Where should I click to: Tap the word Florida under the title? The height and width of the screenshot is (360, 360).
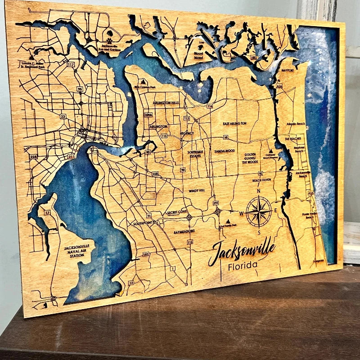[x=243, y=265]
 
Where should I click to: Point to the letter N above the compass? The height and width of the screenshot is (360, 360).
[x=259, y=191]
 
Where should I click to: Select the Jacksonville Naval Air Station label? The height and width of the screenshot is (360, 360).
[x=76, y=251]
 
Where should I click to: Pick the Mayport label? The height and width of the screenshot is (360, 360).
[x=287, y=71]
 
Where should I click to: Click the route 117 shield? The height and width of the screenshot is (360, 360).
[x=71, y=65]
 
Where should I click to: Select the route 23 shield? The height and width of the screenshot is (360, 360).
[x=63, y=117]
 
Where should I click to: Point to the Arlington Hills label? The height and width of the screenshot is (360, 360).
[x=166, y=103]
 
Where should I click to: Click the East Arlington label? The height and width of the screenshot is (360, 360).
[x=235, y=123]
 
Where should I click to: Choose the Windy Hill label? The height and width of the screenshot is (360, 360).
[x=197, y=190]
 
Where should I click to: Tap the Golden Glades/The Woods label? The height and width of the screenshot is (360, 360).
[x=252, y=158]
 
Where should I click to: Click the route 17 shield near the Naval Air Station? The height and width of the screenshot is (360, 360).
[x=47, y=212]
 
